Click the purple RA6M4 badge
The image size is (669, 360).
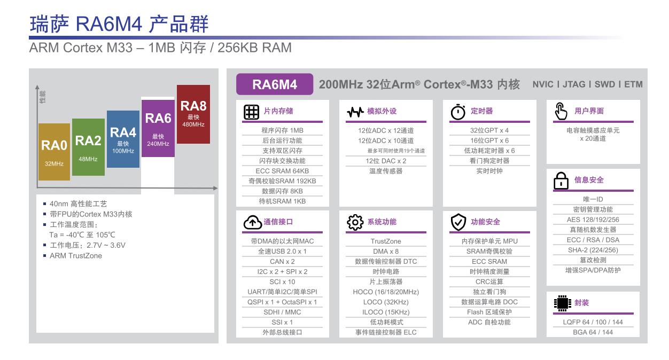(x=275, y=84)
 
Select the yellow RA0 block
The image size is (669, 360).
(x=54, y=152)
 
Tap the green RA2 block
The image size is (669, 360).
(x=88, y=147)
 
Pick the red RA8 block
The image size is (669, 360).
(x=193, y=114)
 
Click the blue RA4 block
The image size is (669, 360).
(x=123, y=139)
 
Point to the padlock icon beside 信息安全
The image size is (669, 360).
(x=561, y=181)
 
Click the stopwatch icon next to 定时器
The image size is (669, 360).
(x=458, y=112)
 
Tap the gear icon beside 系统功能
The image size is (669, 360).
(x=355, y=222)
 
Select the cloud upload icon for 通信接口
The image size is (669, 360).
(x=253, y=222)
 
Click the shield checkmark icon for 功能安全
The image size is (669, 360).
(x=458, y=222)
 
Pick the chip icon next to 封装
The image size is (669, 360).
(x=562, y=303)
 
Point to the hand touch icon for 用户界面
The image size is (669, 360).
(x=561, y=111)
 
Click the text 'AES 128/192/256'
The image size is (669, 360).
(x=593, y=220)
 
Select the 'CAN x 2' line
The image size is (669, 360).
(x=282, y=262)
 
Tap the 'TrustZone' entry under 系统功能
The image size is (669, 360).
(x=386, y=241)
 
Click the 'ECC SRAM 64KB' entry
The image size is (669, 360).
(x=282, y=171)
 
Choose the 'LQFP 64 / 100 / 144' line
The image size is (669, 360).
(x=593, y=322)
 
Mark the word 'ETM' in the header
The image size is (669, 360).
(x=633, y=84)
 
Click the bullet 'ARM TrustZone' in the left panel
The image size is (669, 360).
(x=76, y=256)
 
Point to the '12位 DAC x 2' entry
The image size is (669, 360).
(x=386, y=161)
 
